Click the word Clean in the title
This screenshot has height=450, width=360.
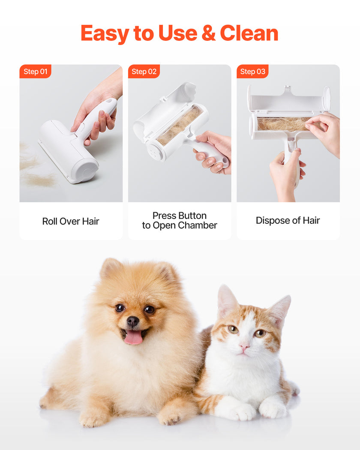click(249, 33)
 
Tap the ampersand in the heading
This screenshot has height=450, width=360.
click(208, 33)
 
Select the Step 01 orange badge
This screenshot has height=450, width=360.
click(35, 72)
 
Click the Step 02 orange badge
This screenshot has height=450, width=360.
click(144, 72)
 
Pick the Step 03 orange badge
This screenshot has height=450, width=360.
click(252, 72)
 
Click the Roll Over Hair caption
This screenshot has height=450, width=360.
click(71, 221)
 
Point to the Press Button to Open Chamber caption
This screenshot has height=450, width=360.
click(180, 220)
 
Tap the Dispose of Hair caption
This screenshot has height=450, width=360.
click(288, 220)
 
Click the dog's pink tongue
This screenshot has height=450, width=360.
click(133, 337)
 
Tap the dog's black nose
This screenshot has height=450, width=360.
click(133, 321)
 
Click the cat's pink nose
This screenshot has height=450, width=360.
click(244, 345)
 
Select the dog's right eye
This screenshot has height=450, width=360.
click(120, 308)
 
